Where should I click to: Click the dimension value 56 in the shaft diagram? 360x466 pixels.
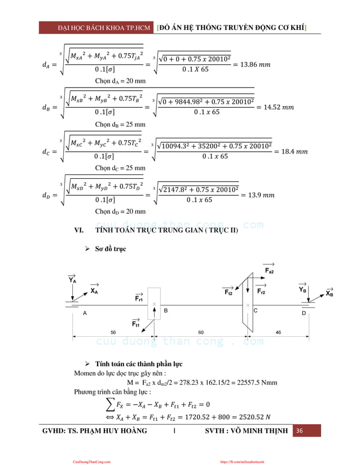pyautogui.click(x=113, y=332)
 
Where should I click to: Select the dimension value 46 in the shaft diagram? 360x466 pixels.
pyautogui.click(x=278, y=332)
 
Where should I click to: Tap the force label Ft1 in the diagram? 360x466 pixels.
pyautogui.click(x=136, y=324)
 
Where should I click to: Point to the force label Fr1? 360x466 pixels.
pyautogui.click(x=138, y=297)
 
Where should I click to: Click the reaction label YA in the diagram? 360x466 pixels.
pyautogui.click(x=72, y=279)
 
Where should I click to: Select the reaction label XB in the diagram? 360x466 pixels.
pyautogui.click(x=330, y=293)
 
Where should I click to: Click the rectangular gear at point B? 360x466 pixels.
pyautogui.click(x=154, y=305)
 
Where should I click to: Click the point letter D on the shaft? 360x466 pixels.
pyautogui.click(x=304, y=313)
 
